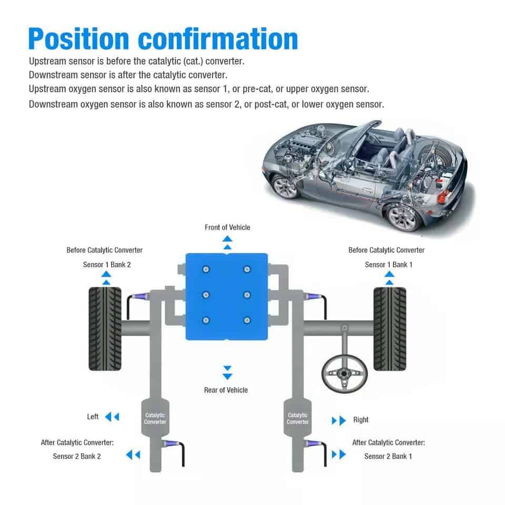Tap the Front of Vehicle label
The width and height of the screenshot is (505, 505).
pyautogui.click(x=227, y=227)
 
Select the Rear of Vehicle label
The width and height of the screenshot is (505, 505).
pyautogui.click(x=226, y=390)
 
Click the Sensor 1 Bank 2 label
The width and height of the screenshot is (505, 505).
pyautogui.click(x=107, y=265)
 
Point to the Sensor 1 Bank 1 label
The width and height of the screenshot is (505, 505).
pyautogui.click(x=389, y=265)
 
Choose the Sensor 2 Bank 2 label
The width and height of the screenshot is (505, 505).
pyautogui.click(x=77, y=456)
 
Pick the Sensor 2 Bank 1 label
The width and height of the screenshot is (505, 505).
pyautogui.click(x=388, y=456)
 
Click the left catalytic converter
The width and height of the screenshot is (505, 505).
pyautogui.click(x=155, y=418)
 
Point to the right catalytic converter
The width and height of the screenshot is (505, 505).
pyautogui.click(x=298, y=418)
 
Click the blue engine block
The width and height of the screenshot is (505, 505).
pyautogui.click(x=226, y=296)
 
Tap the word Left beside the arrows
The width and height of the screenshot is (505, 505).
pyautogui.click(x=93, y=417)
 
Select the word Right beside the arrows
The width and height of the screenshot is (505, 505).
pyautogui.click(x=361, y=420)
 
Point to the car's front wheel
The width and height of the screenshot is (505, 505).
pyautogui.click(x=286, y=186)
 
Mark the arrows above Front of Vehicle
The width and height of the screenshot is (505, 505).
pyautogui.click(x=227, y=243)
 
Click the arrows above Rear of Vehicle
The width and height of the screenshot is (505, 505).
pyautogui.click(x=227, y=372)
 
